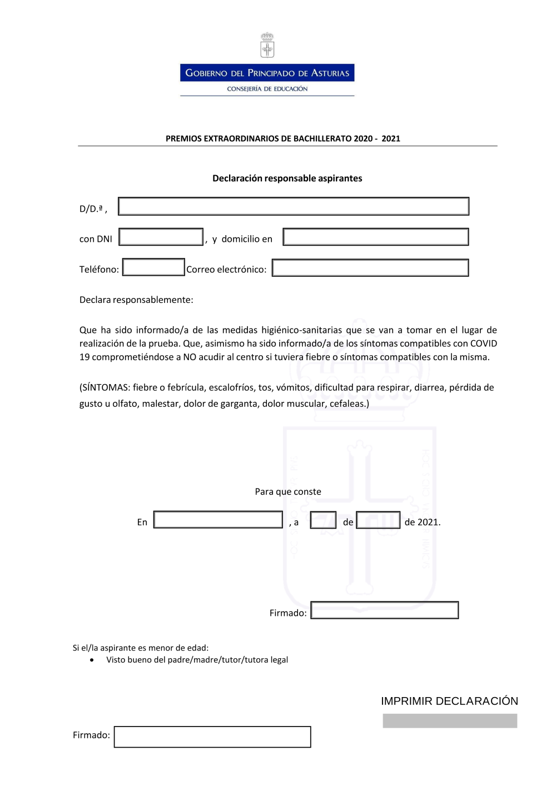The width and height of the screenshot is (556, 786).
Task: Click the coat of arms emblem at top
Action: tap(267, 45)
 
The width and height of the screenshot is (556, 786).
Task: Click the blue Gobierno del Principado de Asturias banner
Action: tap(267, 73)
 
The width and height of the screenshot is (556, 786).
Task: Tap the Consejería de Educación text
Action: tap(267, 89)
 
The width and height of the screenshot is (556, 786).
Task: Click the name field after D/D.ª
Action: tap(294, 206)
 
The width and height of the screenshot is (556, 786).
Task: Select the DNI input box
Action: tap(161, 237)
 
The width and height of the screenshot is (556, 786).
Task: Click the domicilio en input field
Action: tap(376, 237)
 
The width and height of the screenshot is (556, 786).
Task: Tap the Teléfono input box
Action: tap(153, 267)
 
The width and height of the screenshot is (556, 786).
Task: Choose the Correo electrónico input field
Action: tap(370, 268)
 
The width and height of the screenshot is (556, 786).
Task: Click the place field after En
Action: tap(218, 520)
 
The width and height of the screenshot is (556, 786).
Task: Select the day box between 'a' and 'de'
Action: tap(323, 520)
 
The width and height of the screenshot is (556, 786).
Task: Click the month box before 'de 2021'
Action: tap(378, 520)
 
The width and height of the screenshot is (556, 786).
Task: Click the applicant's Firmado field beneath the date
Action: tap(385, 610)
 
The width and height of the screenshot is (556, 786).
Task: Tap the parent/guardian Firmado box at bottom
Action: tap(212, 737)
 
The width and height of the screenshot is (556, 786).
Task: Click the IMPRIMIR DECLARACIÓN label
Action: tap(449, 702)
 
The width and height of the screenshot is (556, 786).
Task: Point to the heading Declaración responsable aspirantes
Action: tap(287, 178)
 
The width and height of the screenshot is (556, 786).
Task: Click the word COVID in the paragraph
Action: tap(483, 344)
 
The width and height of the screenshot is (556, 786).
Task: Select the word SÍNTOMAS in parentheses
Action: tap(106, 387)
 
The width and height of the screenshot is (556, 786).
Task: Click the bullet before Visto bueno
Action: tap(92, 660)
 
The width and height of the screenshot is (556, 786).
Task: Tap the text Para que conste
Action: tap(288, 492)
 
